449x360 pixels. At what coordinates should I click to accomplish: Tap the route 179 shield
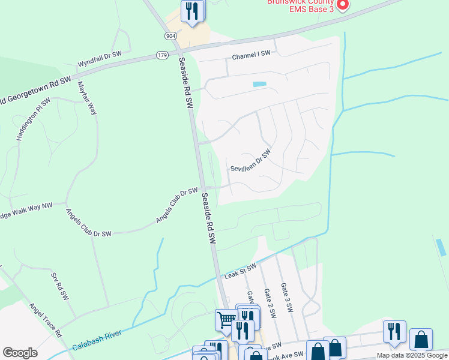pyautogui.click(x=162, y=55)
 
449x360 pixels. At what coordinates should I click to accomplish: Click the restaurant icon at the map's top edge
pyautogui.click(x=192, y=11)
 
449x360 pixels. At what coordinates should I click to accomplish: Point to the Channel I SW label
pyautogui.click(x=252, y=55)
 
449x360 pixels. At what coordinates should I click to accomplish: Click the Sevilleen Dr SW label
pyautogui.click(x=251, y=160)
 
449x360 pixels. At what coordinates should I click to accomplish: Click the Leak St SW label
pyautogui.click(x=240, y=271)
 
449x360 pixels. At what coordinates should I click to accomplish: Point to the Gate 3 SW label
pyautogui.click(x=286, y=298)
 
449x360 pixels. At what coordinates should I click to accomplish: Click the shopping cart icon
pyautogui.click(x=226, y=319)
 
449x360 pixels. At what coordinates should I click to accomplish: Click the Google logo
pyautogui.click(x=20, y=353)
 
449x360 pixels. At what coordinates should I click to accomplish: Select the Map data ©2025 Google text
pyautogui.click(x=412, y=355)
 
